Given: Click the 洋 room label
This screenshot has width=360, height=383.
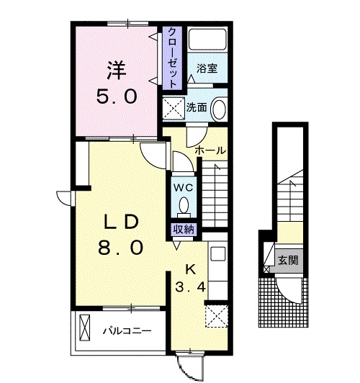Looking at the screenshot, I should pyautogui.click(x=117, y=70).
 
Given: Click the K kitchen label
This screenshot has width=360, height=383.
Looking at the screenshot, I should pyautogui.click(x=191, y=271).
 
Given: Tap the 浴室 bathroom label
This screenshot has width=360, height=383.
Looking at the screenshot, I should pyautogui.click(x=208, y=69).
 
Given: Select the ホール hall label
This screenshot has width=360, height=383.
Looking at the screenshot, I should pyautogui.click(x=210, y=150).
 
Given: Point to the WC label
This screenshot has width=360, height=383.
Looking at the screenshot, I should pyautogui.click(x=183, y=187).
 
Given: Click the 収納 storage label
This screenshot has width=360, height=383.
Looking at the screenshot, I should pyautogui.click(x=183, y=230).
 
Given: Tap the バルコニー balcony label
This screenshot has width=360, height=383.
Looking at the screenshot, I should pyautogui.click(x=125, y=332).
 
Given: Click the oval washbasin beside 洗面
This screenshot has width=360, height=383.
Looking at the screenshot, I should pyautogui.click(x=220, y=109).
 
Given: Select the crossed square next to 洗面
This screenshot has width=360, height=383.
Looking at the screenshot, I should pyautogui.click(x=174, y=108).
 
